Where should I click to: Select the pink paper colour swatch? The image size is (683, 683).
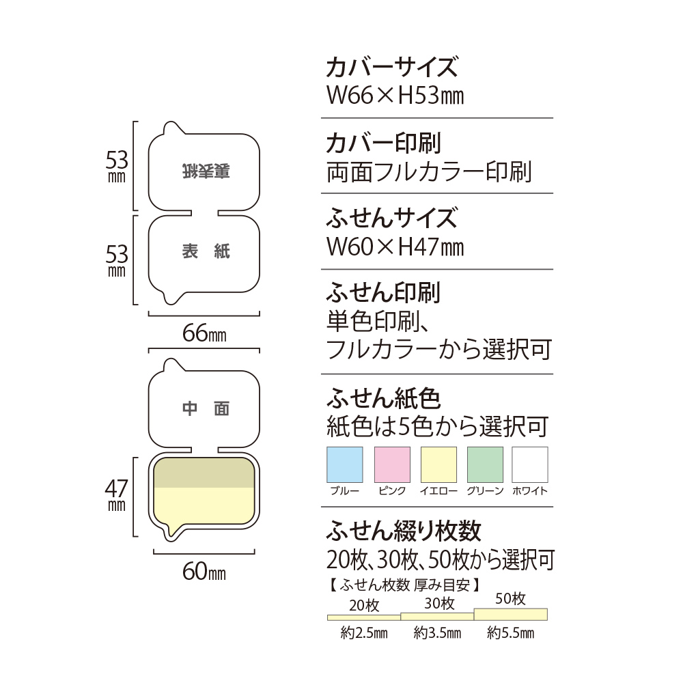click(392, 464)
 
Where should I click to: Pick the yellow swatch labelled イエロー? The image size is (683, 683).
click(438, 464)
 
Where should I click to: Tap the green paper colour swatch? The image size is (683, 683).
click(485, 464)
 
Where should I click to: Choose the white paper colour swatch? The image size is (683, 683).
click(530, 464)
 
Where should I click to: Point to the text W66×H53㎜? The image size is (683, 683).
click(395, 96)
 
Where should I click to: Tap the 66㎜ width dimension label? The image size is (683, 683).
click(204, 335)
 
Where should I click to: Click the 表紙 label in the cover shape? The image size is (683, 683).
click(206, 252)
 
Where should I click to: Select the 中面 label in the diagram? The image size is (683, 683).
click(206, 408)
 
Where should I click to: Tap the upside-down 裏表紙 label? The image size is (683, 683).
click(206, 171)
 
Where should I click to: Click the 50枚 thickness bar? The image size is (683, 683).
click(511, 614)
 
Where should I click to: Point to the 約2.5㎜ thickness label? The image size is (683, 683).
click(364, 633)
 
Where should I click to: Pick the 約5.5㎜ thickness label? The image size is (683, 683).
click(510, 633)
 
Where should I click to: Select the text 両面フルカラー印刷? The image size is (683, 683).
click(429, 171)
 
